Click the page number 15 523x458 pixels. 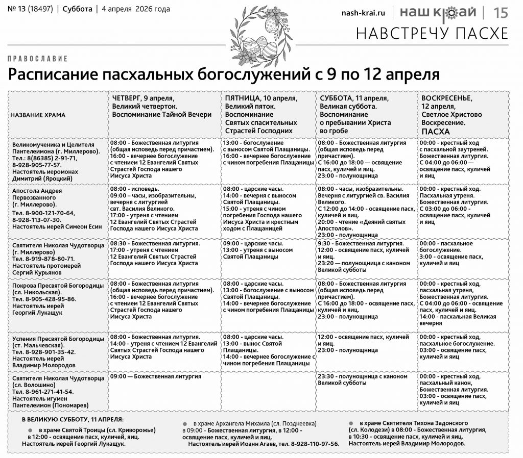click(x=501, y=13)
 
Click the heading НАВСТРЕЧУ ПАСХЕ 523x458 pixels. click(x=432, y=33)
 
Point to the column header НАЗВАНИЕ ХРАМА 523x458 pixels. click(x=38, y=115)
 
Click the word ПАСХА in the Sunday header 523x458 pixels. click(x=432, y=131)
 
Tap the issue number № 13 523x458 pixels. click(x=18, y=9)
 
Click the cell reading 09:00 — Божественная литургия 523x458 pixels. click(x=155, y=376)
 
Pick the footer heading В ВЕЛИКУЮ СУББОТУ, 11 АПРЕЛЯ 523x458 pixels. click(x=72, y=419)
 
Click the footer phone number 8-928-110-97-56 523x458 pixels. click(x=315, y=444)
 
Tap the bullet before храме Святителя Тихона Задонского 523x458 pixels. click(x=351, y=423)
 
